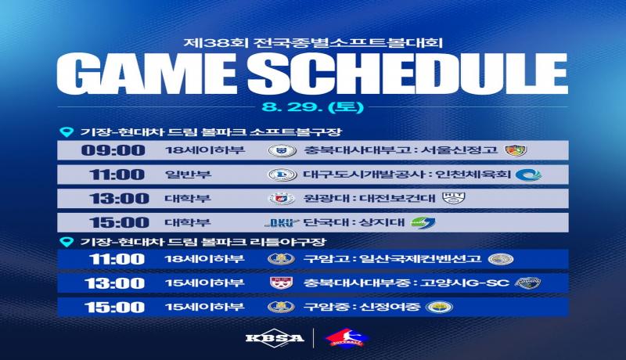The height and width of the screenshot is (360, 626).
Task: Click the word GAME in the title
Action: pyautogui.click(x=146, y=74)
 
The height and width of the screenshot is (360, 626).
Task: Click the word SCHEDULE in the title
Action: pyautogui.click(x=407, y=74)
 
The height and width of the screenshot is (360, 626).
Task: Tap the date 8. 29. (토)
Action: pyautogui.click(x=312, y=107)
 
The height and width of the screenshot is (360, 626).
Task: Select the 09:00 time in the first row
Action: pyautogui.click(x=113, y=150)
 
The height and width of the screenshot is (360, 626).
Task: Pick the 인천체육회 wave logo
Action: pyautogui.click(x=528, y=175)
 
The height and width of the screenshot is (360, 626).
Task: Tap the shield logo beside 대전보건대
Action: pyautogui.click(x=454, y=198)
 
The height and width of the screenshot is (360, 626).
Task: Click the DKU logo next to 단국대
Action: pyautogui.click(x=282, y=223)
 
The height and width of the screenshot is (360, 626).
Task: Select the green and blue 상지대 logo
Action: pyautogui.click(x=423, y=222)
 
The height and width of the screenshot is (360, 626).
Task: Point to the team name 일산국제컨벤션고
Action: pyautogui.click(x=420, y=258)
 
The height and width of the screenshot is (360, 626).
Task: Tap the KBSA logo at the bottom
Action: pyautogui.click(x=275, y=337)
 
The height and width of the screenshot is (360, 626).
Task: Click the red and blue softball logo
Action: pyautogui.click(x=347, y=337)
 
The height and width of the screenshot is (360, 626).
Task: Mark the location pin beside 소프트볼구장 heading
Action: pyautogui.click(x=67, y=132)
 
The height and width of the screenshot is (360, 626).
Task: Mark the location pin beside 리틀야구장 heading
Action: pyautogui.click(x=67, y=242)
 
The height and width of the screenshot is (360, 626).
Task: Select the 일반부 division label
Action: pyautogui.click(x=188, y=175)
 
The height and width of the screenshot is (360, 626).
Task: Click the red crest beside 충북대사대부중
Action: pyautogui.click(x=281, y=283)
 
